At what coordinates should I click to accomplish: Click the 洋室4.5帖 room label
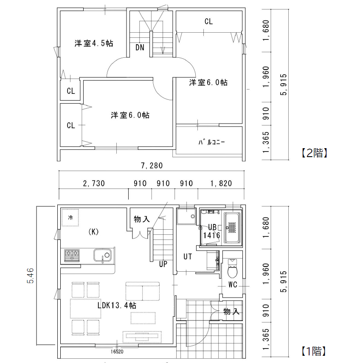pyautogui.click(x=93, y=43)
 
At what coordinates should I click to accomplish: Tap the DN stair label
pyautogui.click(x=140, y=47)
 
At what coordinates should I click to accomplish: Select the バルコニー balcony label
pyautogui.click(x=211, y=142)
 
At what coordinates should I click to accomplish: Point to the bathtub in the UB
pyautogui.click(x=232, y=228)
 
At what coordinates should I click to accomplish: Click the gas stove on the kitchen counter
pyautogui.click(x=72, y=255)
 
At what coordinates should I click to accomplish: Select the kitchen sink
pyautogui.click(x=102, y=255)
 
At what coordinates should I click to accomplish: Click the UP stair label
pyautogui.click(x=163, y=264)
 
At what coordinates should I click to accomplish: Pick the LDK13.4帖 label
pyautogui.click(x=117, y=305)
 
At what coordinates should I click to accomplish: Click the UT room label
pyautogui.click(x=188, y=256)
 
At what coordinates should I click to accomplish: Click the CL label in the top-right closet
pyautogui.click(x=208, y=21)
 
